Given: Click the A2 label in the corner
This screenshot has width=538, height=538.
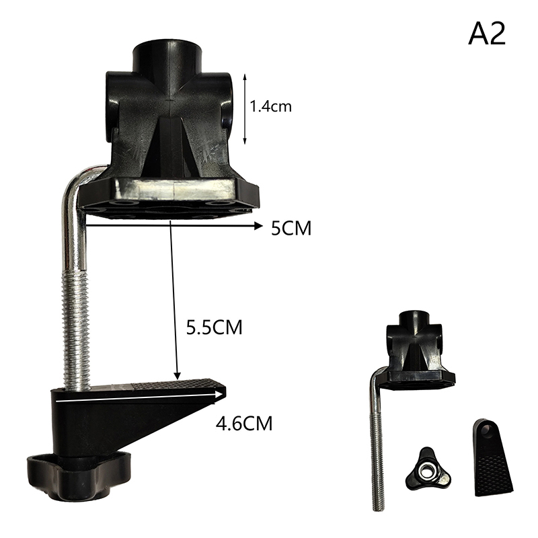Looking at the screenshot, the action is [x=486, y=34].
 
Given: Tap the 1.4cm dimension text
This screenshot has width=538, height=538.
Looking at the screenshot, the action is [x=271, y=106].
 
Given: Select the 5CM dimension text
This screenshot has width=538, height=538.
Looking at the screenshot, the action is [x=291, y=228].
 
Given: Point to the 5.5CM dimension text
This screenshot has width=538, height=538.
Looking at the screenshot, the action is [x=214, y=328].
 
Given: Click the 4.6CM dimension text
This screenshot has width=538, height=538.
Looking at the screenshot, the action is [x=244, y=424].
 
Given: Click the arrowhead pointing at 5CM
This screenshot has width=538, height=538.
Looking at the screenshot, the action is [x=258, y=226].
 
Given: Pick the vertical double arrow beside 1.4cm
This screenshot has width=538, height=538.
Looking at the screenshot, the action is [x=245, y=109].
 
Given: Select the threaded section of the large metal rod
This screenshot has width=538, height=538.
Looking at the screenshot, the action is [x=76, y=329].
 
